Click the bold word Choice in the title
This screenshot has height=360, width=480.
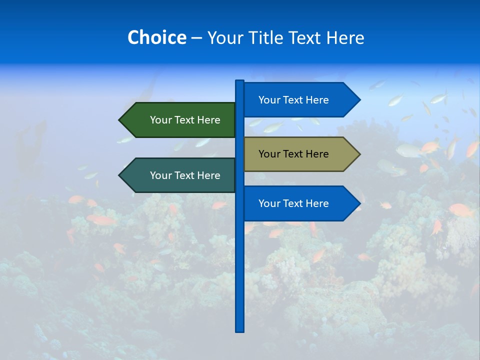pyautogui.click(x=156, y=37)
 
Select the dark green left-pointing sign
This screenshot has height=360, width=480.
pyautogui.click(x=180, y=120)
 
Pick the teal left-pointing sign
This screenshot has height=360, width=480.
pyautogui.click(x=180, y=175)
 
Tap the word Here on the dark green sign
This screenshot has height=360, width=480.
pyautogui.click(x=208, y=120)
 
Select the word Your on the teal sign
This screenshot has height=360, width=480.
pyautogui.click(x=160, y=175)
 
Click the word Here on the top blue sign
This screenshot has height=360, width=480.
pyautogui.click(x=317, y=100)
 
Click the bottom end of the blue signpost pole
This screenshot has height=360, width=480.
pyautogui.click(x=240, y=330)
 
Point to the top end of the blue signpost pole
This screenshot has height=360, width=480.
pyautogui.click(x=240, y=81)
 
